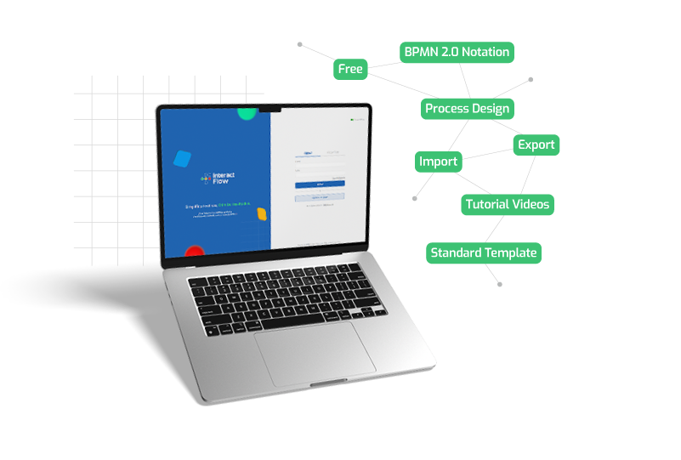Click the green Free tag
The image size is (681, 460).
tap(350, 69)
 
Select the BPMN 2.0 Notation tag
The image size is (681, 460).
tap(457, 52)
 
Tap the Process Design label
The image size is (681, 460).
tap(468, 109)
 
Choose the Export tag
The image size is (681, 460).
tap(536, 145)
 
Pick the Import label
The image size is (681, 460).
tap(439, 162)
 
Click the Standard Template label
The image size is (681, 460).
tap(484, 253)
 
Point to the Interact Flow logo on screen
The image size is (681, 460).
tap(216, 179)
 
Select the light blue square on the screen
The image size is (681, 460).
tap(181, 158)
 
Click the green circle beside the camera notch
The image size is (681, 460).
tap(247, 112)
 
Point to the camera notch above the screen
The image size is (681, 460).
tap(271, 109)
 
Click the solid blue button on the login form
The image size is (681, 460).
tap(320, 184)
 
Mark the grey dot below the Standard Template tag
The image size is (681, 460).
tap(499, 284)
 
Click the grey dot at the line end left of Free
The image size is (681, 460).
tap(300, 43)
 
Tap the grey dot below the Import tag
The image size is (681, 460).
tap(415, 198)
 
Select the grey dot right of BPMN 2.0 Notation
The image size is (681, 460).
tap(531, 80)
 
